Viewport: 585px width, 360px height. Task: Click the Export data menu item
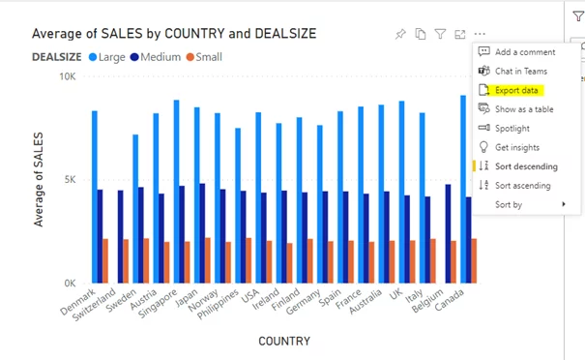tap(516, 90)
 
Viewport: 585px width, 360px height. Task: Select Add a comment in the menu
tap(524, 52)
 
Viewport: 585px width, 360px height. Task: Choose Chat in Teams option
tap(520, 71)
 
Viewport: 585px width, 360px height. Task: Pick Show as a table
tap(524, 108)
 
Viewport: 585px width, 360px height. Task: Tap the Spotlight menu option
tap(512, 128)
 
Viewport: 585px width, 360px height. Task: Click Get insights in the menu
tap(516, 147)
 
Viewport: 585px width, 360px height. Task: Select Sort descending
tap(525, 166)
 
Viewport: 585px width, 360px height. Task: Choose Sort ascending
tap(522, 185)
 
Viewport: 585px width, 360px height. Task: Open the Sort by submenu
tap(509, 204)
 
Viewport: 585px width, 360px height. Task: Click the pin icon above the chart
tap(400, 34)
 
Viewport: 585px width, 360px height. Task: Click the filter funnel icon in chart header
tap(440, 34)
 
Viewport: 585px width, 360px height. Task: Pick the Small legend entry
tap(203, 57)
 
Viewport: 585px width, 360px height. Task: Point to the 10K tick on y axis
tap(68, 76)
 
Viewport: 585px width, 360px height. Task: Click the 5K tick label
tap(71, 180)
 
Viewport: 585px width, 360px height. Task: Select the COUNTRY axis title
tap(284, 342)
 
